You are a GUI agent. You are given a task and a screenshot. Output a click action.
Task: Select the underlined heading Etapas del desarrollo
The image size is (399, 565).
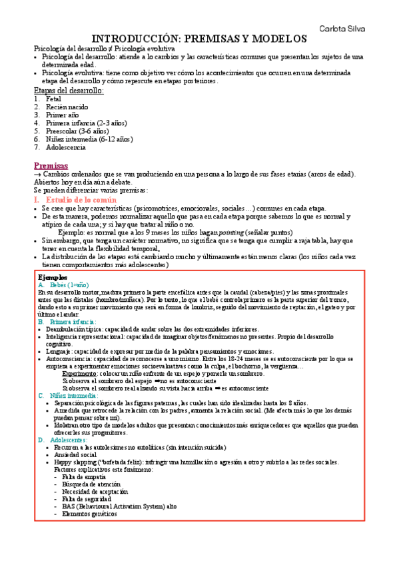pos(69,90)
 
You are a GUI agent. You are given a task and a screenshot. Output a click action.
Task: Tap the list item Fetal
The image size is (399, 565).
pos(53,99)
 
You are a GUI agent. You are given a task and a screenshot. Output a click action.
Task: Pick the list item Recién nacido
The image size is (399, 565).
pos(67,107)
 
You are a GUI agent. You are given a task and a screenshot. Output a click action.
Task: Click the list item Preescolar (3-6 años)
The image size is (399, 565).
pos(77,131)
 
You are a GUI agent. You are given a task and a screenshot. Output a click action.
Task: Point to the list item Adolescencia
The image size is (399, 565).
pos(66,147)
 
